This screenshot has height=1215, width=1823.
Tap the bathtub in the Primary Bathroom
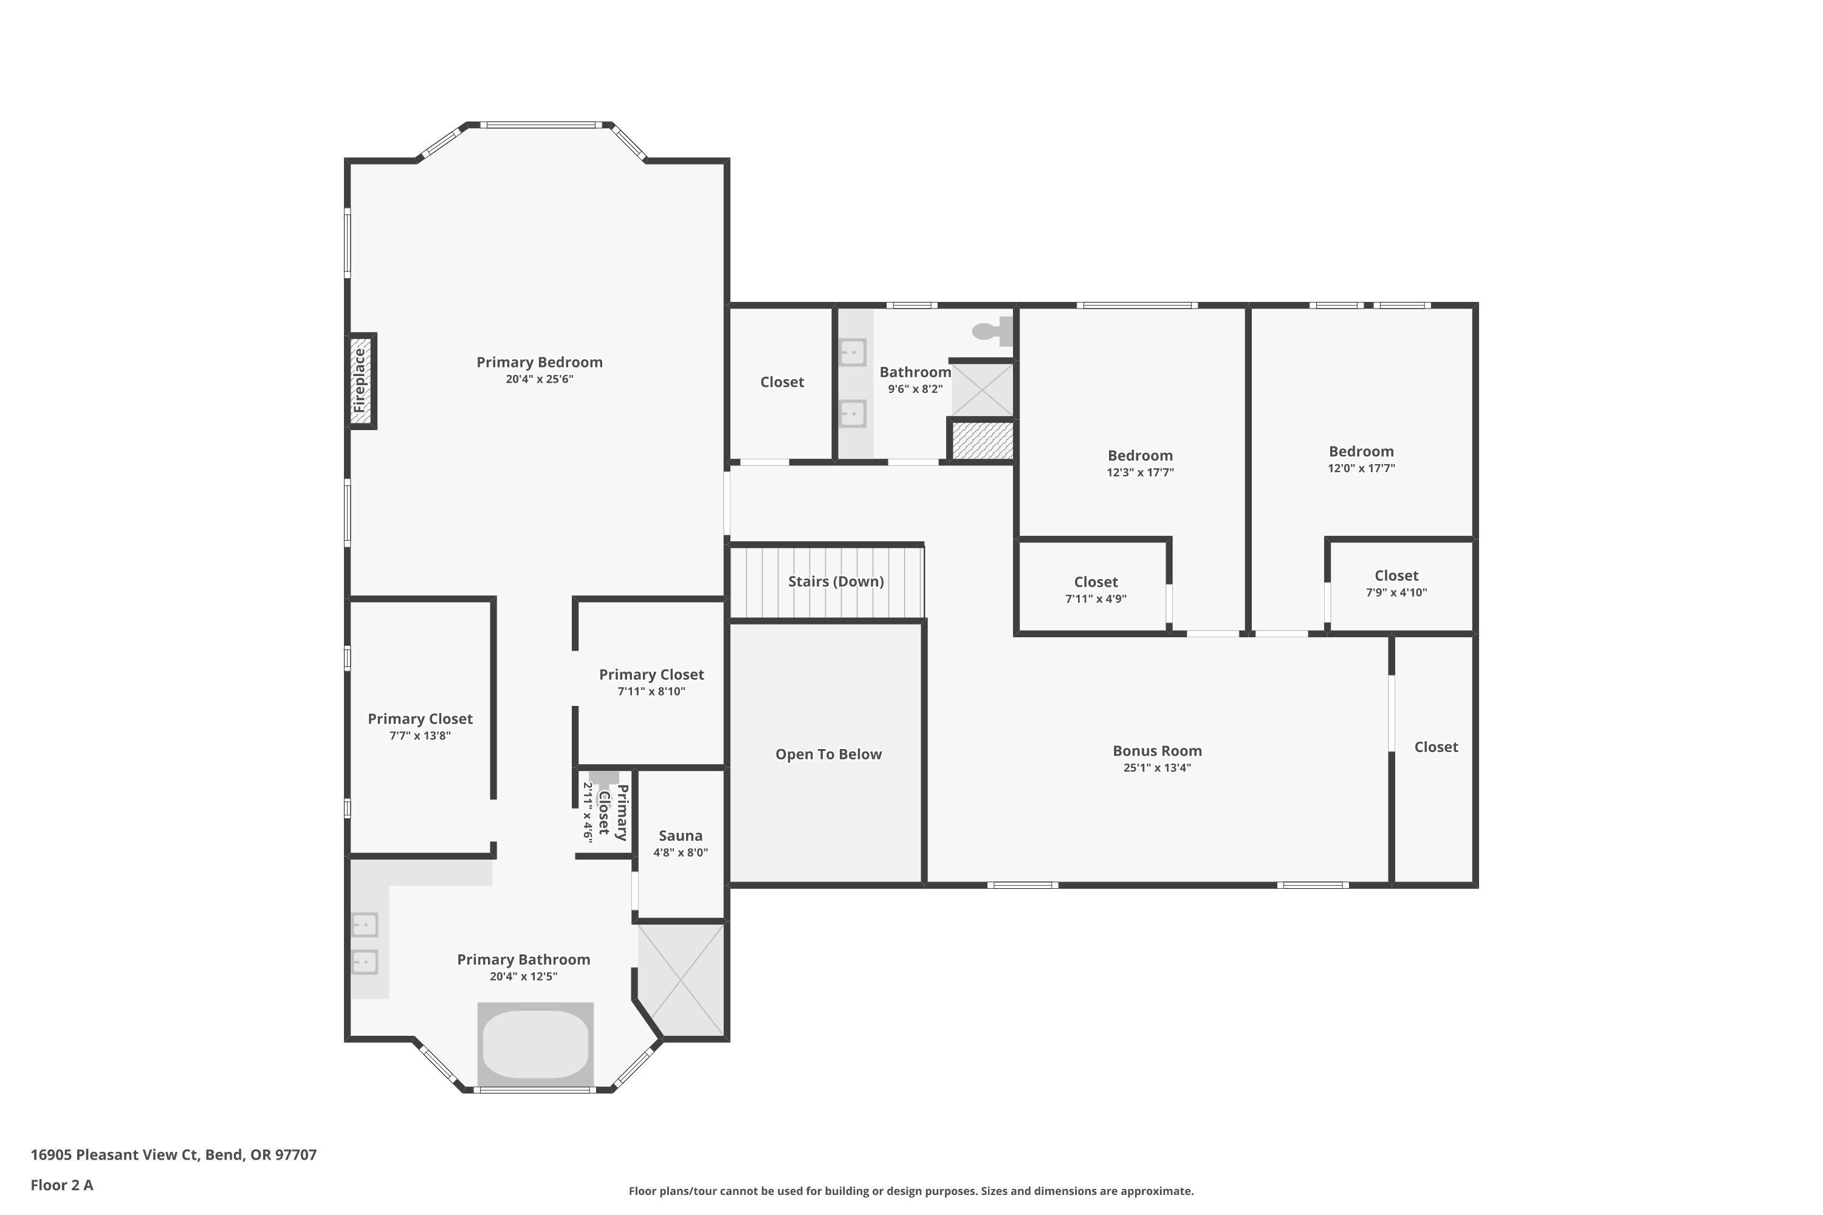(535, 1043)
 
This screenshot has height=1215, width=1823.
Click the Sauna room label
(681, 835)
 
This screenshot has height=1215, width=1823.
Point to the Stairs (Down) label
(836, 581)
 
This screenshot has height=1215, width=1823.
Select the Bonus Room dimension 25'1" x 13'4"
(1156, 768)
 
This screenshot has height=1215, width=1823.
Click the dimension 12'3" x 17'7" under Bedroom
(1139, 473)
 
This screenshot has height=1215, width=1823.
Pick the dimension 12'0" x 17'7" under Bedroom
(1361, 468)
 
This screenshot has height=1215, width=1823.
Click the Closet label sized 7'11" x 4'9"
(1095, 582)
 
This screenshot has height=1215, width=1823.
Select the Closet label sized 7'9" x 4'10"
(1396, 576)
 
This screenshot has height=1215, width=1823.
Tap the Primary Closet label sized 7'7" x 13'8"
(419, 719)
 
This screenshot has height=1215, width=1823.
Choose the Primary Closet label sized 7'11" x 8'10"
(651, 675)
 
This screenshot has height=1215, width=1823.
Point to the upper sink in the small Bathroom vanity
(853, 352)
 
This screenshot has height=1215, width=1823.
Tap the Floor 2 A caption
(62, 1185)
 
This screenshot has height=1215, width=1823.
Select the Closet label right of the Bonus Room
(1435, 747)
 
